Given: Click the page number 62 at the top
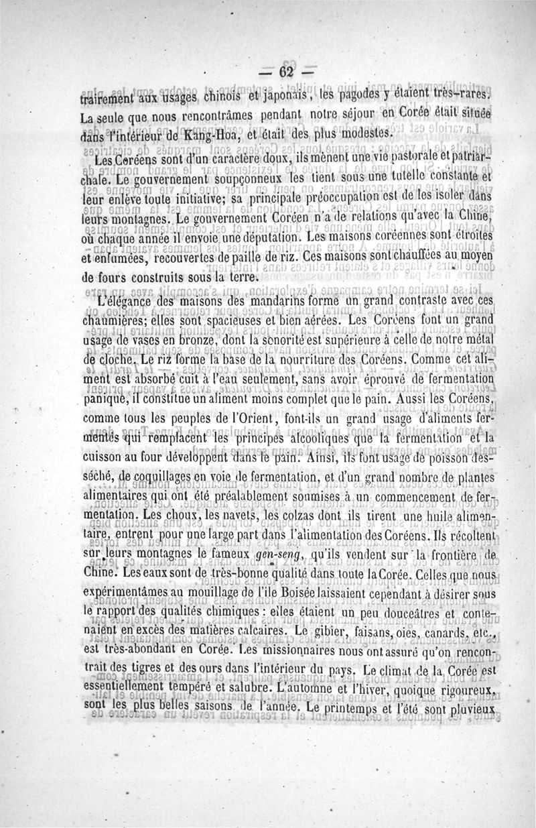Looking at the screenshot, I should [287, 72].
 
